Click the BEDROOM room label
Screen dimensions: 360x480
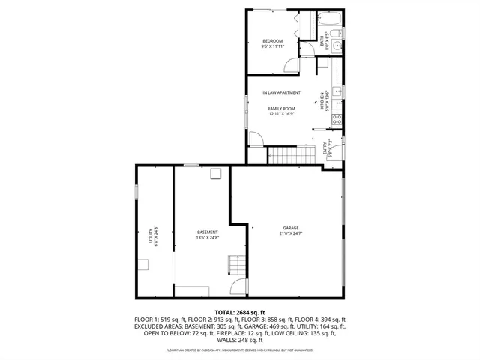272,40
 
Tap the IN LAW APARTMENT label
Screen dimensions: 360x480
282,93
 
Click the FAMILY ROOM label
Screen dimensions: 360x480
282,109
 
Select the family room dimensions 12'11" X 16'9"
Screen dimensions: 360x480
282,114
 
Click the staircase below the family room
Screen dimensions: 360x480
291,155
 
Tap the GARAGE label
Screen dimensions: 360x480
291,228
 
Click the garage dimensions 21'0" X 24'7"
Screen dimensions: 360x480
291,233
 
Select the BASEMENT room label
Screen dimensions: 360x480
208,232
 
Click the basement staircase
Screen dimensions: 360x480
237,264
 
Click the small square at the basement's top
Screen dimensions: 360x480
216,175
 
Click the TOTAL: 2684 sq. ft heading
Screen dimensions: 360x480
239,313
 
